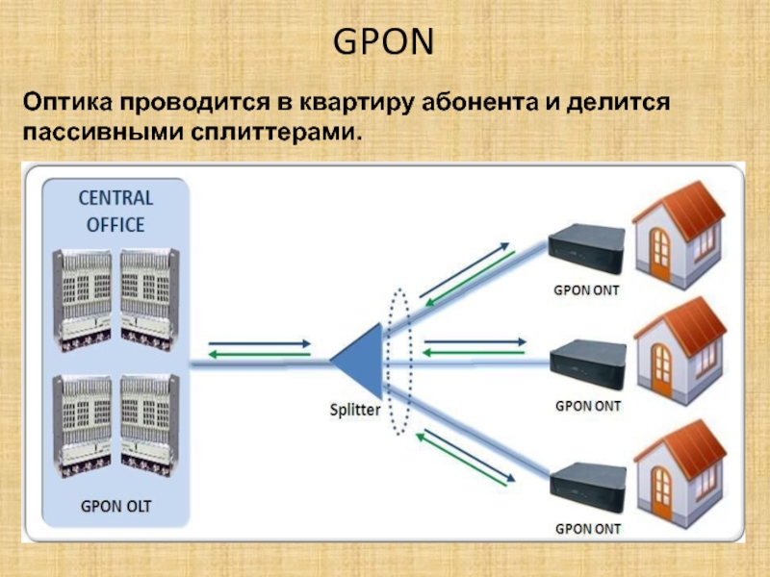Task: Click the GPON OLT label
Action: click(x=115, y=505)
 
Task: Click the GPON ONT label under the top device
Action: click(x=586, y=288)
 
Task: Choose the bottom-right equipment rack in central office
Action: click(x=148, y=424)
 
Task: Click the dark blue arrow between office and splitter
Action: click(x=259, y=342)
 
